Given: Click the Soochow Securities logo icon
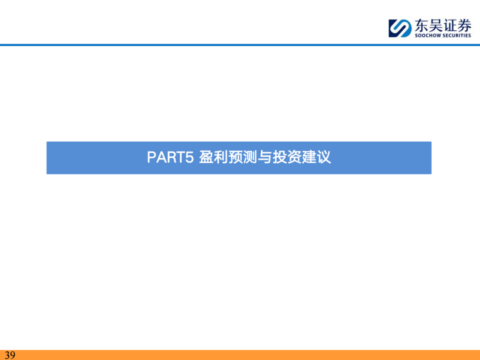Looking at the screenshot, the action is [x=400, y=28].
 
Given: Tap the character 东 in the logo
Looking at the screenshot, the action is [x=422, y=25].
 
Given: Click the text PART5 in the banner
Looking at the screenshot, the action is [x=171, y=157].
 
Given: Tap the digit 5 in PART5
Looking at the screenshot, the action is [x=189, y=157].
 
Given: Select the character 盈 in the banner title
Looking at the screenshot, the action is [x=206, y=157].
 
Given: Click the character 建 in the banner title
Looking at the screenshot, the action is [x=309, y=157].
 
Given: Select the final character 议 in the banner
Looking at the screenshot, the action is [x=324, y=157].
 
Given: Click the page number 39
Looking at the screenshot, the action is [x=10, y=355].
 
